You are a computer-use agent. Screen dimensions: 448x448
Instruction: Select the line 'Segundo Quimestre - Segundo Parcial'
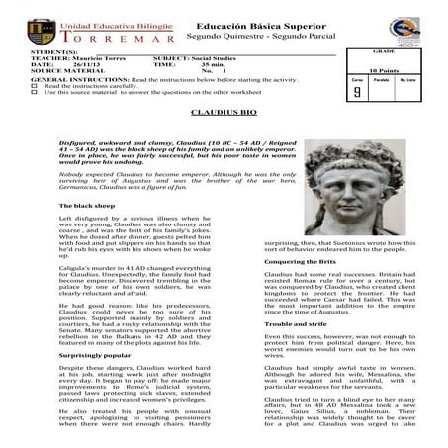click(x=251, y=36)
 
